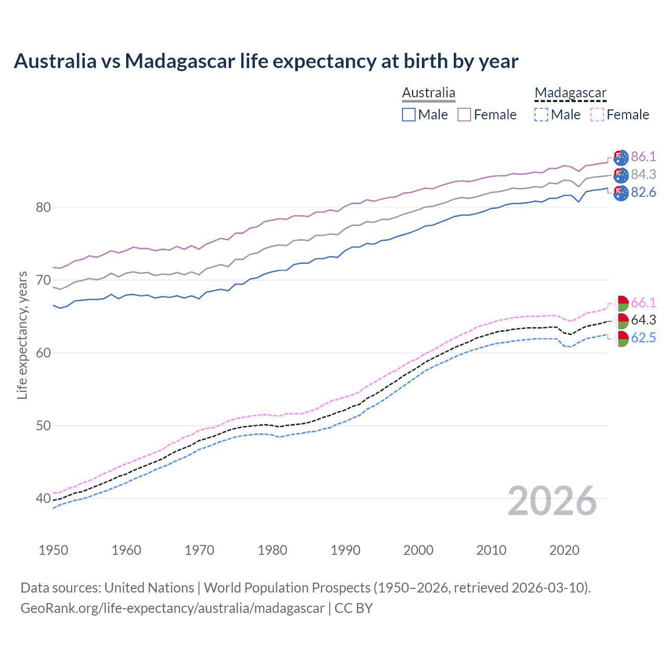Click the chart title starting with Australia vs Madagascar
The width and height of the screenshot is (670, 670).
tap(266, 61)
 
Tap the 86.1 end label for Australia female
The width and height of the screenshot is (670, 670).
tap(643, 157)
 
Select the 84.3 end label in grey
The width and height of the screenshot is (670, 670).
tap(643, 175)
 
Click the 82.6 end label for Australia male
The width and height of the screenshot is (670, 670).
tap(643, 193)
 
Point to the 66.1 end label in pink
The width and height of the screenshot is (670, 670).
tap(643, 303)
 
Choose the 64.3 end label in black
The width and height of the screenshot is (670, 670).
tap(643, 320)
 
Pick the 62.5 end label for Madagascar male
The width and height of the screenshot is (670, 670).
tap(643, 338)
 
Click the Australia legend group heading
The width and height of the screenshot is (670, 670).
tap(429, 93)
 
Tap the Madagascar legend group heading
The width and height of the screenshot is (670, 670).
tap(570, 93)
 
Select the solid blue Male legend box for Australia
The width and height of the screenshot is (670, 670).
tap(409, 115)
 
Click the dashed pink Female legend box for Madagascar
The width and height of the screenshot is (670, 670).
tap(597, 115)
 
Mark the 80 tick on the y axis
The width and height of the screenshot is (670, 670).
tap(43, 208)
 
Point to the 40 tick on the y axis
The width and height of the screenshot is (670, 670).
tap(43, 498)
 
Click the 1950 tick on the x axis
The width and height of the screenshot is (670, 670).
tap(53, 550)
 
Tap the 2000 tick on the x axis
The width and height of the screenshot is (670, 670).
tap(418, 550)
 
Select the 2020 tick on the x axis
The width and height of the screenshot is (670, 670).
tap(564, 550)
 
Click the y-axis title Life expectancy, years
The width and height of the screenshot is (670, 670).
tap(22, 335)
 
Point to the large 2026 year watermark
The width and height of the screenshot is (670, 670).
tap(552, 501)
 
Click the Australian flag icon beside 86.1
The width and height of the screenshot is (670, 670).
tap(621, 157)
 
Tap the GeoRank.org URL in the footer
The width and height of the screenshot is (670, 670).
tap(172, 608)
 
